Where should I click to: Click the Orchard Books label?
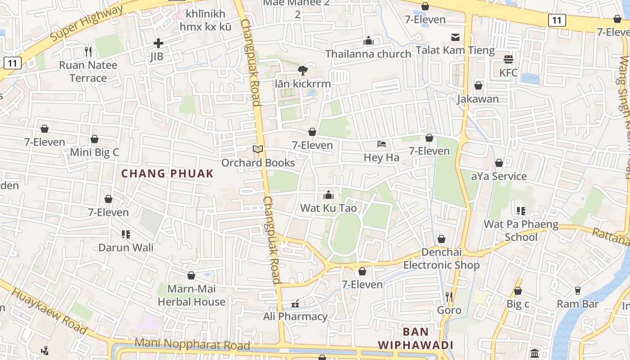[x=258, y=162]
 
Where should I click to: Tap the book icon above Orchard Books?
[x=257, y=149]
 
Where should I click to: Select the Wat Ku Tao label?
[x=328, y=208]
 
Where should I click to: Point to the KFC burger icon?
[x=508, y=59]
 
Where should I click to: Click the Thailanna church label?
[x=368, y=54]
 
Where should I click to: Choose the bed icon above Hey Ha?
[x=382, y=144]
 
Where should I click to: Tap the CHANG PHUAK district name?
[x=167, y=174]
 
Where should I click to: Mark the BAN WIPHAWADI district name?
[x=415, y=338]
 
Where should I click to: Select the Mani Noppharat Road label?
[x=192, y=344]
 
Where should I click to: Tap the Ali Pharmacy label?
[x=295, y=316]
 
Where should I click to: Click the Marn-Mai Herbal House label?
[x=191, y=295]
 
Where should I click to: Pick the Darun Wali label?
[x=126, y=247]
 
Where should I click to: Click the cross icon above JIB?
[x=158, y=43]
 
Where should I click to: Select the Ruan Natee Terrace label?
[x=88, y=72]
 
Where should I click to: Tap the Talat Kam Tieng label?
[x=455, y=50]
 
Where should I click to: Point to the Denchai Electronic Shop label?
[x=441, y=259]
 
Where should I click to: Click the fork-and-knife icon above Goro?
[x=449, y=297]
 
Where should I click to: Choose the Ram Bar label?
[x=577, y=304]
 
